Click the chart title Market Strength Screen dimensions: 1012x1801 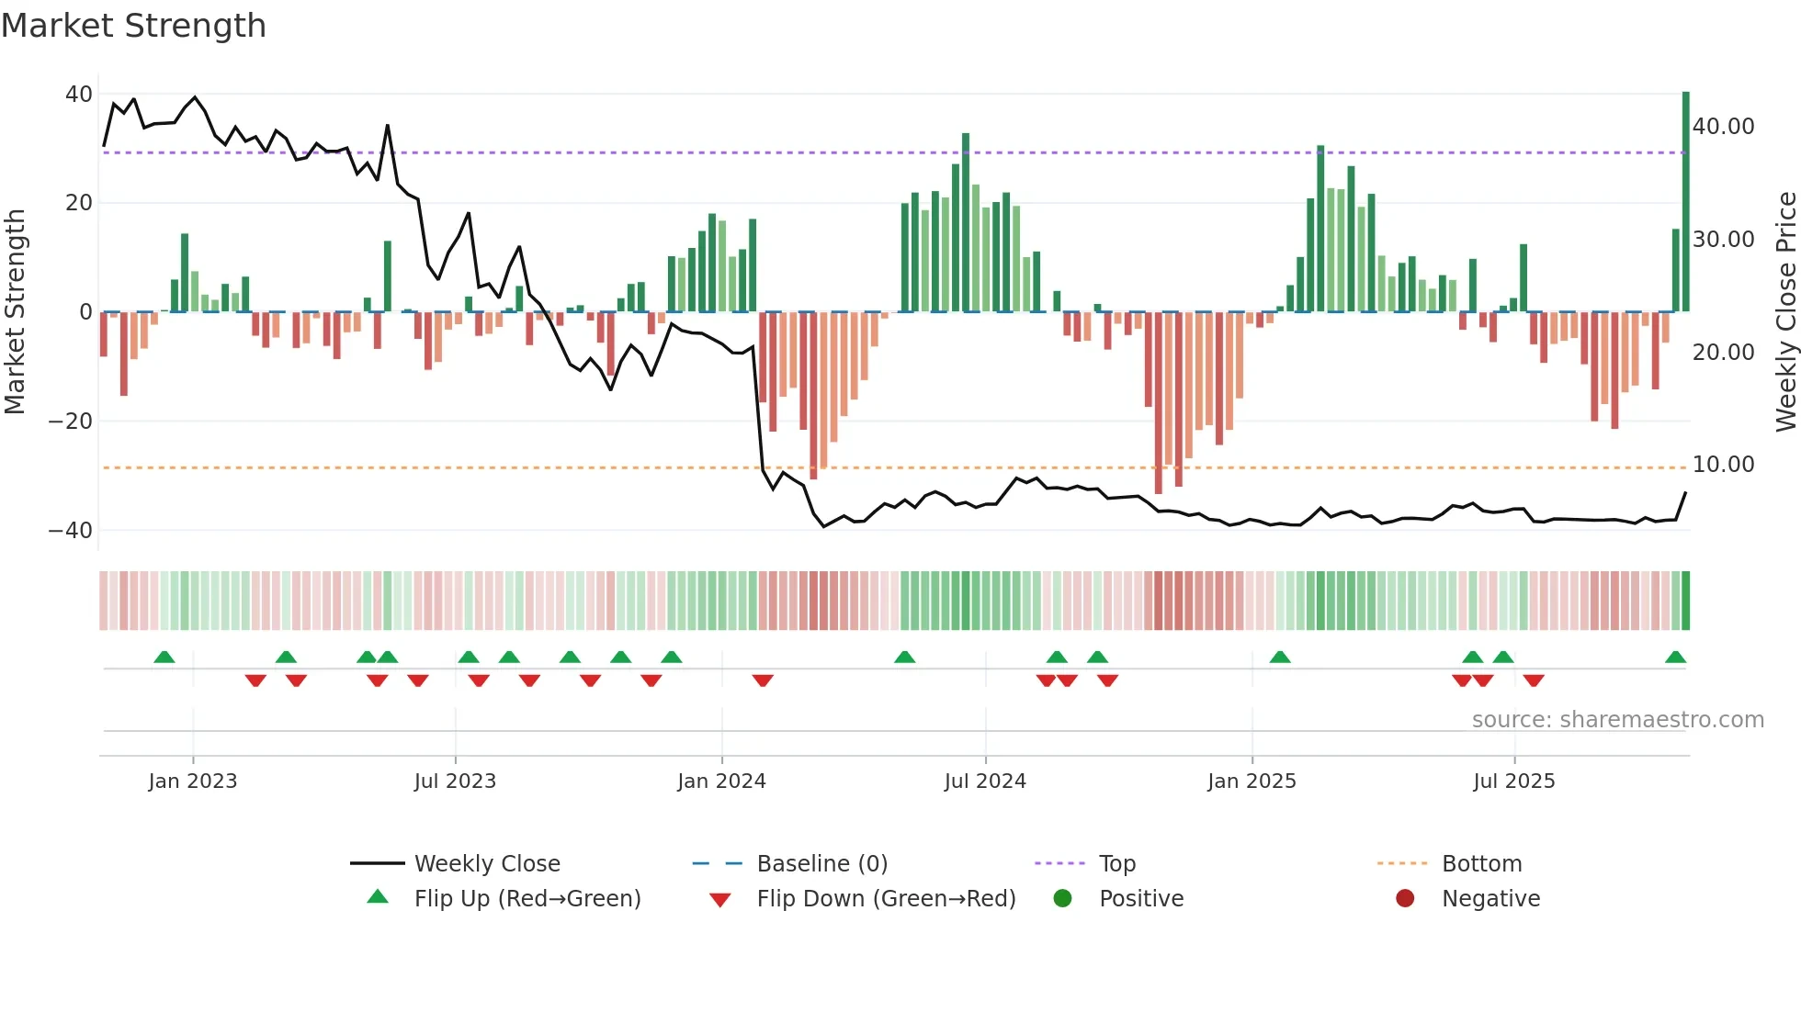click(x=133, y=26)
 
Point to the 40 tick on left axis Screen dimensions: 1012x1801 click(x=79, y=95)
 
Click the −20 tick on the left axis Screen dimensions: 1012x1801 click(x=71, y=422)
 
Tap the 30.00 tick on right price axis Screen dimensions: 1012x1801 click(x=1723, y=240)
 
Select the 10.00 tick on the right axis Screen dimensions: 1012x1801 click(x=1723, y=465)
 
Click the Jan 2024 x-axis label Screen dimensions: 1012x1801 click(x=721, y=781)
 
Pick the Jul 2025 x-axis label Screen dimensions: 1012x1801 click(x=1513, y=781)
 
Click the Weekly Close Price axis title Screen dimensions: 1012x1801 click(x=1785, y=312)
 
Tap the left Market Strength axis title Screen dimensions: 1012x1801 click(x=15, y=312)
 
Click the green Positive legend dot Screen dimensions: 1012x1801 click(x=1062, y=899)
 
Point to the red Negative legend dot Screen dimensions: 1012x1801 click(x=1405, y=899)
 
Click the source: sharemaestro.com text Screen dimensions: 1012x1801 click(x=1617, y=720)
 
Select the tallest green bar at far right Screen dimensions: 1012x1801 click(x=1686, y=202)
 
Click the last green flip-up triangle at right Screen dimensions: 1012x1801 click(x=1675, y=658)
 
